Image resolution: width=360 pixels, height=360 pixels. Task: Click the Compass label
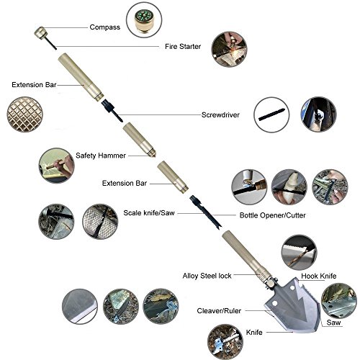pos(105,27)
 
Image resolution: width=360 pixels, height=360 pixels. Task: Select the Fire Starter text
pos(183,46)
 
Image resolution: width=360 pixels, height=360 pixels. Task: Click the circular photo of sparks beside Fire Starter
pos(229,50)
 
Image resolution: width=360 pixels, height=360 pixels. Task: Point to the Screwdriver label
pos(220,114)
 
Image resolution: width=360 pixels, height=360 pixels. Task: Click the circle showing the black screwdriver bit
pos(271,114)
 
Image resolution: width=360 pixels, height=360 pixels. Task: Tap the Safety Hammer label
pos(101,156)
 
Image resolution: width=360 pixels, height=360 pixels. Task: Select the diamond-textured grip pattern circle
pos(24,114)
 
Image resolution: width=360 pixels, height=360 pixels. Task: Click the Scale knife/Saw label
pos(149,213)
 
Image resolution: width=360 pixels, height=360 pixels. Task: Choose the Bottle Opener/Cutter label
pos(273,215)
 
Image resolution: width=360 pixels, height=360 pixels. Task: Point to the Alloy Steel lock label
pos(207,276)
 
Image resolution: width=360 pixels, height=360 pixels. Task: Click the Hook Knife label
pos(319,276)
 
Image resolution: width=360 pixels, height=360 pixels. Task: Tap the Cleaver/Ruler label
pos(219,311)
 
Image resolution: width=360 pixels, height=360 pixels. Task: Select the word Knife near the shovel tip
pos(254,333)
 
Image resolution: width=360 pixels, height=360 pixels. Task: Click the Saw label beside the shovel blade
pos(333,323)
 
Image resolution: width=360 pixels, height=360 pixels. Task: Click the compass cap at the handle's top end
pos(40,32)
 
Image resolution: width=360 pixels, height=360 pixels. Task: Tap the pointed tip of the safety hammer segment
pos(154,156)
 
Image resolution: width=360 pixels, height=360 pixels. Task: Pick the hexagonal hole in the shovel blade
pos(274,303)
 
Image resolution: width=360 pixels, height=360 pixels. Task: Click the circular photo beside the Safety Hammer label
pos(56,166)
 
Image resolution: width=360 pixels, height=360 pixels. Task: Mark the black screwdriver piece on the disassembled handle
pos(112,111)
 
